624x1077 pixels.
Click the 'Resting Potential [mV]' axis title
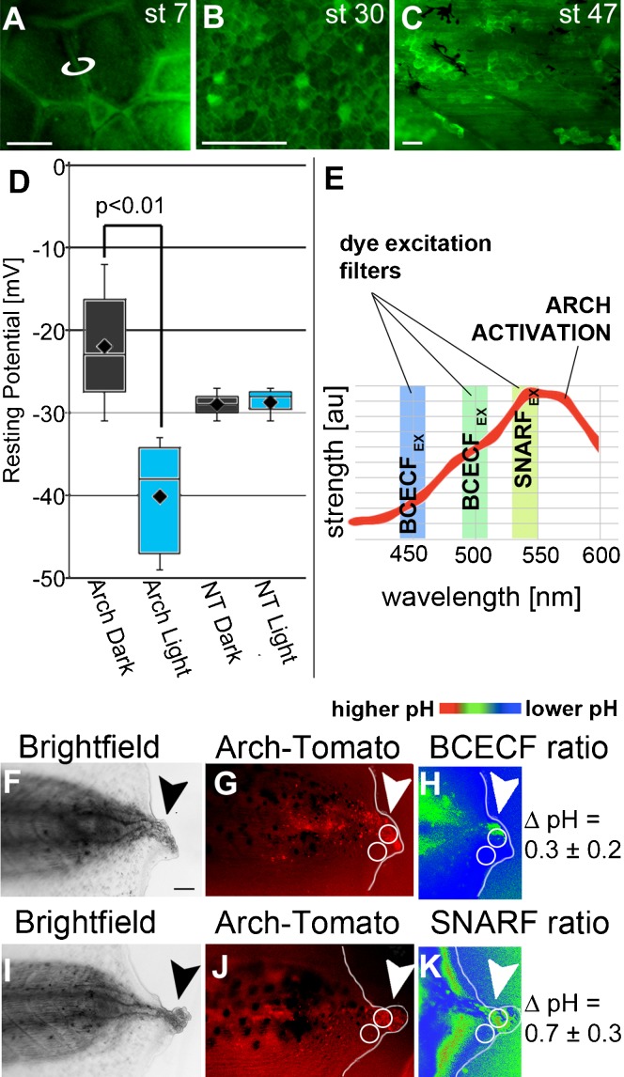click(13, 376)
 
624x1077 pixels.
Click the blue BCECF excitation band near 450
click(413, 460)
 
